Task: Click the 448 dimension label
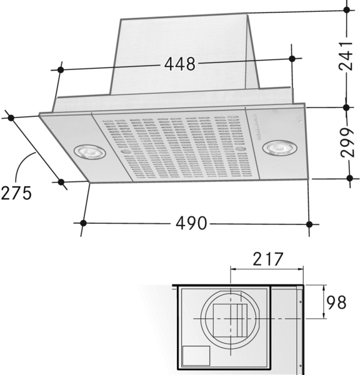tap(180, 64)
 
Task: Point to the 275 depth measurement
tap(16, 193)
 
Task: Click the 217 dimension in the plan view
tap(267, 259)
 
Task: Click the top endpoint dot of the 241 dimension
tap(347, 10)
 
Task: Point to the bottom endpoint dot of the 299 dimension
tap(349, 179)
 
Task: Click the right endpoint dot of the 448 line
tap(292, 58)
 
